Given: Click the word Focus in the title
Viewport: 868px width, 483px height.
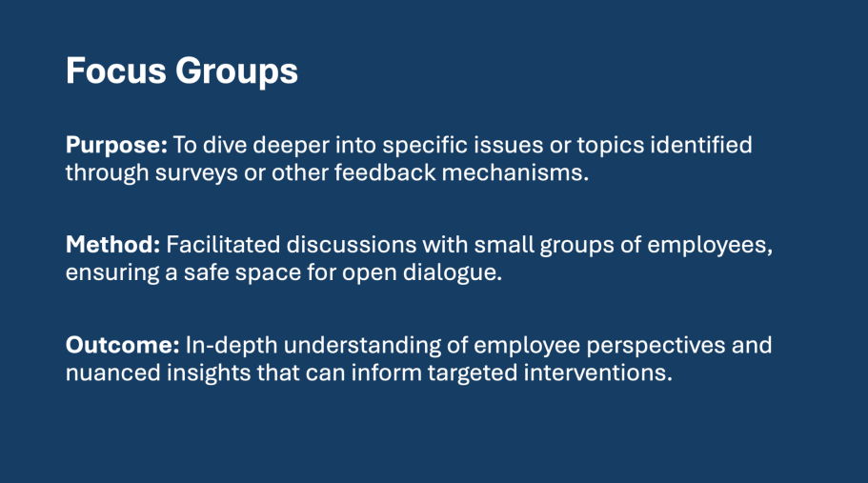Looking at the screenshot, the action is coord(115,70).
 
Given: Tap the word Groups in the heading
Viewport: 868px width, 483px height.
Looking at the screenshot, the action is coord(237,72).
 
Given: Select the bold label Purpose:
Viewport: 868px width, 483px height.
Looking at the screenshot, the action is coord(116,146).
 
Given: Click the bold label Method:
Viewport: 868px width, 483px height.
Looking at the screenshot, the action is coord(113,245).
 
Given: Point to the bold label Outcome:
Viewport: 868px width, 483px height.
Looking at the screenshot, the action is coord(122,345).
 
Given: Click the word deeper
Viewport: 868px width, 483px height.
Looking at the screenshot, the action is coord(292,146).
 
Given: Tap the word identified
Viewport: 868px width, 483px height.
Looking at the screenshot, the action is coord(701,145).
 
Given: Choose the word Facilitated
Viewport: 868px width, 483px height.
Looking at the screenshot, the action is coord(223,245).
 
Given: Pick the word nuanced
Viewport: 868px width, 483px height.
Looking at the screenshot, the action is coord(113,372).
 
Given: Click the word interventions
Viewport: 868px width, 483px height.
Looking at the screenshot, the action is coord(595,372).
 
